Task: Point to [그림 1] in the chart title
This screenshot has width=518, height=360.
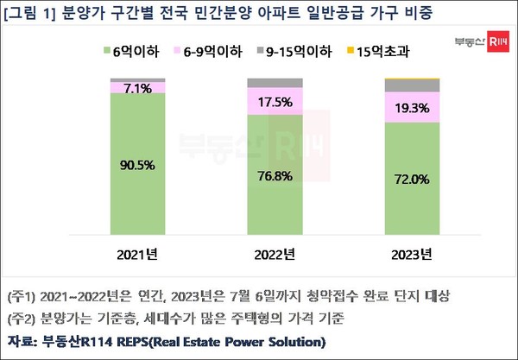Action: (35, 14)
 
